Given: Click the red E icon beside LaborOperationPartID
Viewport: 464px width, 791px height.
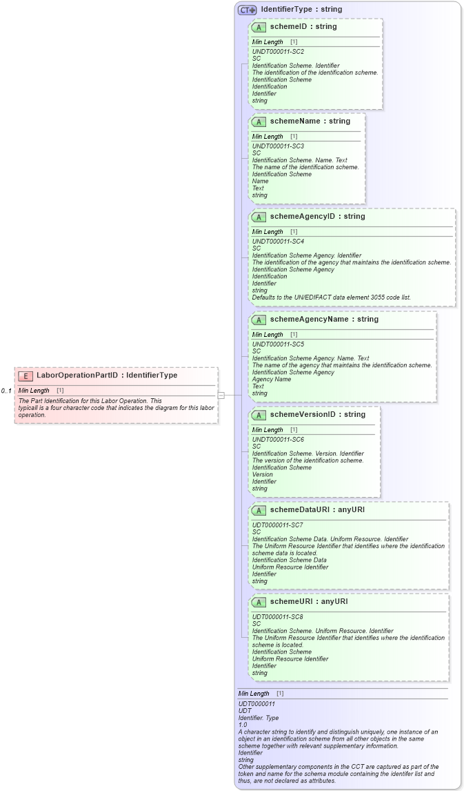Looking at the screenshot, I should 26,376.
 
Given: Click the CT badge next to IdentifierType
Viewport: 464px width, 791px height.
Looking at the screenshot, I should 248,10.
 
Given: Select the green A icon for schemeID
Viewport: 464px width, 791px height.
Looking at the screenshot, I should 259,28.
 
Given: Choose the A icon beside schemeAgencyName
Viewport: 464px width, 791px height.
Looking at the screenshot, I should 259,320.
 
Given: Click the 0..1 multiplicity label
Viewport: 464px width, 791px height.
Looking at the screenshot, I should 7,391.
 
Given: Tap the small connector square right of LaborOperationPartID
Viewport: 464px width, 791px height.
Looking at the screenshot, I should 221,395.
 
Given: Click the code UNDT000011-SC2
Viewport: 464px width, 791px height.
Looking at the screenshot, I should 278,52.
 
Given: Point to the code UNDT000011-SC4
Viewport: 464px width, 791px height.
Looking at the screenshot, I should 278,242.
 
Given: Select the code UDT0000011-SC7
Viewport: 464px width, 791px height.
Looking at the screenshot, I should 277,525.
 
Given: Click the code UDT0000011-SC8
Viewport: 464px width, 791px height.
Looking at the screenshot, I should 277,617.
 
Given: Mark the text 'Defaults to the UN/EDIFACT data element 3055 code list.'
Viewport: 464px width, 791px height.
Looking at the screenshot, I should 331,297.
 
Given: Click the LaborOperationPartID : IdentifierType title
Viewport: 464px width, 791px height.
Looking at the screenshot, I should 107,376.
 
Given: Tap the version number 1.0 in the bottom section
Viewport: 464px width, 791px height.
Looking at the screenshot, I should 243,725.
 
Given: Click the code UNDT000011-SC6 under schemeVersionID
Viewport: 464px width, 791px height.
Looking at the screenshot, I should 278,440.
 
